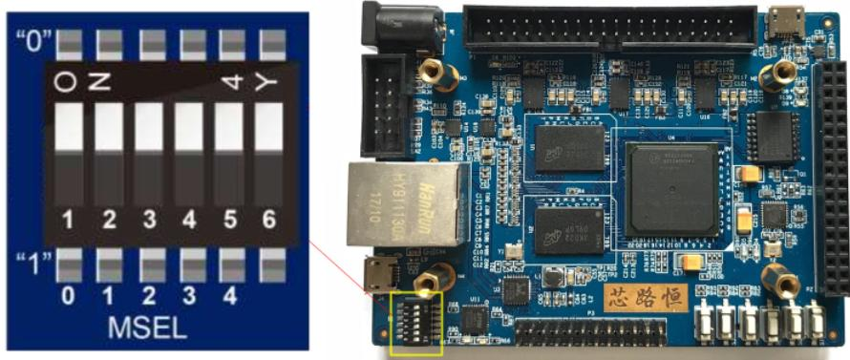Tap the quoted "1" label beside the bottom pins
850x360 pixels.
point(32,263)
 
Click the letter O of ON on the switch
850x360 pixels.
point(65,82)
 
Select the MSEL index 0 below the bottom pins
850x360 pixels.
point(68,296)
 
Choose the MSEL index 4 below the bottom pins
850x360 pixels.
point(229,296)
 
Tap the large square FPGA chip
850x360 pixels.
point(671,188)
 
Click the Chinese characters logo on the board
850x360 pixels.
point(646,297)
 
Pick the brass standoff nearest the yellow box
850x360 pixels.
point(440,278)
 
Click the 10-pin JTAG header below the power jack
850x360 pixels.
point(388,105)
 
